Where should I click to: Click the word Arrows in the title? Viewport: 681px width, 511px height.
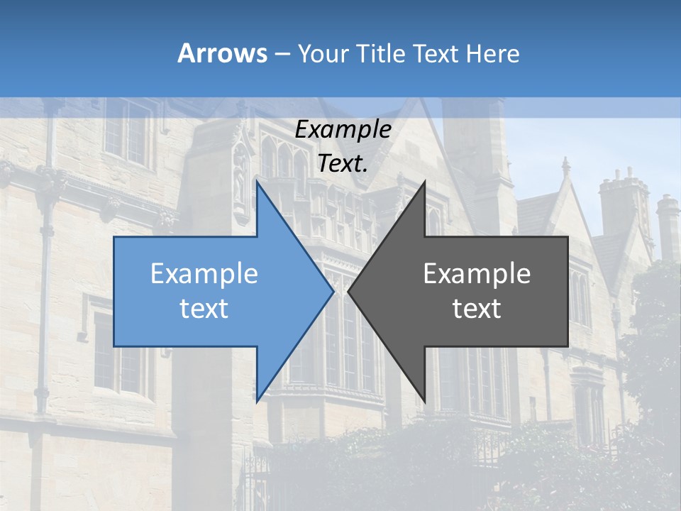pyautogui.click(x=222, y=54)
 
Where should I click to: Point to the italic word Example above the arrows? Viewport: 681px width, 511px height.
pyautogui.click(x=343, y=130)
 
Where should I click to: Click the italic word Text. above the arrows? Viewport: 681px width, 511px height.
pyautogui.click(x=343, y=164)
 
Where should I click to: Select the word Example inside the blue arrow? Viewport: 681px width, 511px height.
pyautogui.click(x=204, y=274)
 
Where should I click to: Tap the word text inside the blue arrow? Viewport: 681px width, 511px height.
pyautogui.click(x=204, y=309)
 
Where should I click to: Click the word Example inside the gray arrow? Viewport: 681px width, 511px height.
pyautogui.click(x=477, y=274)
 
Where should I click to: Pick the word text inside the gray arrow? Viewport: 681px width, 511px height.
pyautogui.click(x=477, y=309)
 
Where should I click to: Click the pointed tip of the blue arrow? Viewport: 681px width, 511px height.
pyautogui.click(x=333, y=291)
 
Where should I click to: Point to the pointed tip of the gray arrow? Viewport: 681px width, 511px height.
pyautogui.click(x=348, y=291)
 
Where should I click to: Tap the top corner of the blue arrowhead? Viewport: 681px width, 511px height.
pyautogui.click(x=257, y=182)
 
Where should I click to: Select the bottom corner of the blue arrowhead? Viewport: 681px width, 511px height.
pyautogui.click(x=257, y=400)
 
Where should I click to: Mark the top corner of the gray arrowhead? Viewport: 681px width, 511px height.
pyautogui.click(x=424, y=182)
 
